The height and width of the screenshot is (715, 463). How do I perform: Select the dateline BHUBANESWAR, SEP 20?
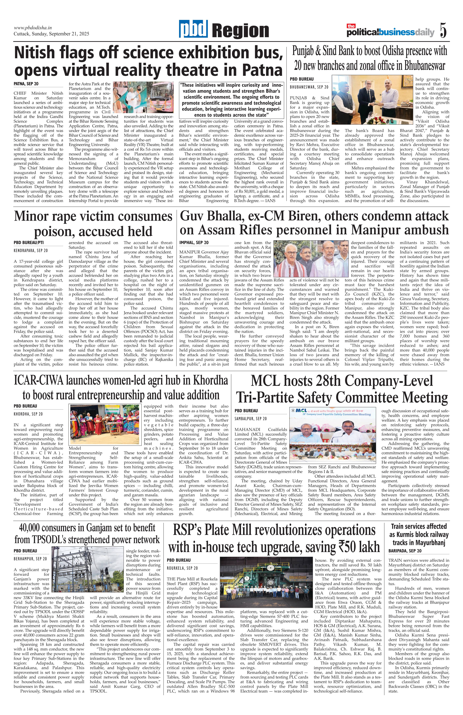[x=309, y=87]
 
